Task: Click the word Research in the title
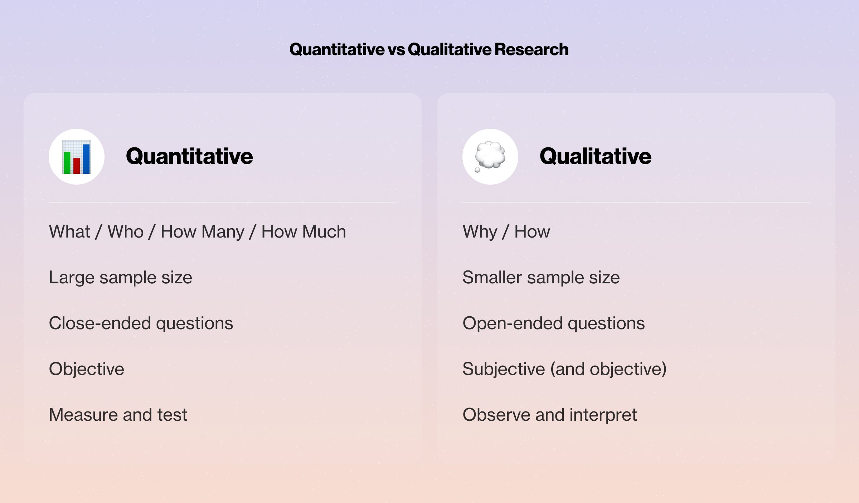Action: (532, 49)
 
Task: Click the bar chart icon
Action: (77, 157)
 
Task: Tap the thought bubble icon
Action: (490, 157)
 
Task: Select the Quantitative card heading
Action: (189, 156)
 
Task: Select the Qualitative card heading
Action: (596, 156)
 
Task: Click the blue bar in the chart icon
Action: (86, 159)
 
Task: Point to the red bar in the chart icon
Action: (77, 166)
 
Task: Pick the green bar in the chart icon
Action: (67, 163)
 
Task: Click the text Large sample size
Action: (121, 278)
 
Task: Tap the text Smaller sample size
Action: (541, 278)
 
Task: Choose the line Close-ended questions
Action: (141, 323)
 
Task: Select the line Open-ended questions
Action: (554, 323)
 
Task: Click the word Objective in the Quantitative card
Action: (87, 369)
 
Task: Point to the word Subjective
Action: (504, 369)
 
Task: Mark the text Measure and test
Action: (118, 415)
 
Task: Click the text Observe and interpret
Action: (550, 415)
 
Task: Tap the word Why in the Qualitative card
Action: (480, 232)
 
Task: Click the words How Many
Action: (203, 232)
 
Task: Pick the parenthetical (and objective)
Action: (608, 369)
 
